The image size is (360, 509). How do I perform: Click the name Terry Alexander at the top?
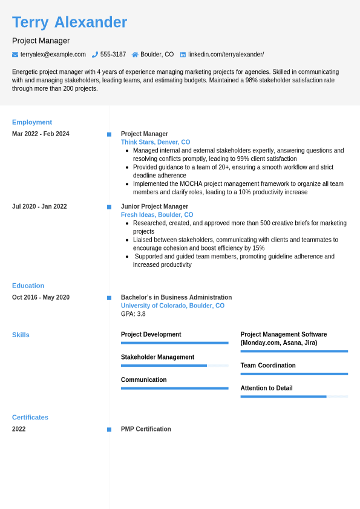pos(70,22)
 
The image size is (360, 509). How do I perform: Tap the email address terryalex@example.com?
pos(53,54)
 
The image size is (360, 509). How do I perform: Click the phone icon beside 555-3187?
pos(95,54)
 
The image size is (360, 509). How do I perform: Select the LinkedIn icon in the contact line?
pos(183,54)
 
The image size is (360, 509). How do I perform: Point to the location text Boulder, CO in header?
pos(157,54)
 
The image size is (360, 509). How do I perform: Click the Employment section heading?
pos(32,122)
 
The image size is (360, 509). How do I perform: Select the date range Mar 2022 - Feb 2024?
pos(41,134)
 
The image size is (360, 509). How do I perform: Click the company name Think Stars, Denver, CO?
pos(155,142)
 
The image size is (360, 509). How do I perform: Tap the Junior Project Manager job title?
pos(154,206)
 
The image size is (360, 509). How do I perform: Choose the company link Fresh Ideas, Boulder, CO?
pos(157,215)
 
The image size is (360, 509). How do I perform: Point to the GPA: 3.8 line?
pos(133,314)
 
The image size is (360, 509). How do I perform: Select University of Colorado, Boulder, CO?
pos(172,306)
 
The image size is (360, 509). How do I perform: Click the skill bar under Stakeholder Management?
pos(174,366)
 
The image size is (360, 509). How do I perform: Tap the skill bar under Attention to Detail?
pos(294,396)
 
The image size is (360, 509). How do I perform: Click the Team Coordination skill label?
pos(268,366)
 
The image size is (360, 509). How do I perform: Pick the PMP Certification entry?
pos(146,429)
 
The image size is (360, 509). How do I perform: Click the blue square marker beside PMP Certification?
pos(109,430)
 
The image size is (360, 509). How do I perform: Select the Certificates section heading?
pos(30,418)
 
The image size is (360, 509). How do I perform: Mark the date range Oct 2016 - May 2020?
pos(41,297)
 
